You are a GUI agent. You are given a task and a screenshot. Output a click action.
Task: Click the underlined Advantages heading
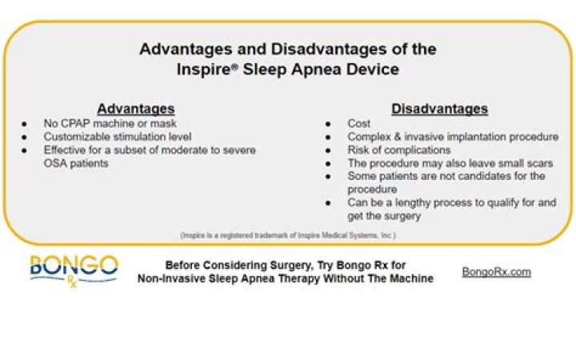(135, 109)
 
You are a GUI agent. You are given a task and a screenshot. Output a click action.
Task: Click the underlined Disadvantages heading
(439, 109)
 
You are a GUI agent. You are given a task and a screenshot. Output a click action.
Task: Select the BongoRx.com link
(496, 272)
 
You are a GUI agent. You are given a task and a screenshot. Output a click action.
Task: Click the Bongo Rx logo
(74, 270)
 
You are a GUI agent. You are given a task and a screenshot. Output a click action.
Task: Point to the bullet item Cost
(359, 124)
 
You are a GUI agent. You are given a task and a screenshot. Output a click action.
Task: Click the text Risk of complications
(399, 150)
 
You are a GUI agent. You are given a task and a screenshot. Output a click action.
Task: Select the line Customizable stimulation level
(118, 137)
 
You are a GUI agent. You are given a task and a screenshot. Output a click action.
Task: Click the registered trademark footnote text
(287, 235)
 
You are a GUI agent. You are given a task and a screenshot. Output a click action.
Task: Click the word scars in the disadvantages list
(523, 163)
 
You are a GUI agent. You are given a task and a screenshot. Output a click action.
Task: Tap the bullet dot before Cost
(329, 124)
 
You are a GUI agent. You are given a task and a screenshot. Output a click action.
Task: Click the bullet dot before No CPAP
(25, 124)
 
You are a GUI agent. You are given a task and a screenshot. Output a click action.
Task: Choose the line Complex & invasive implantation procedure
(451, 137)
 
